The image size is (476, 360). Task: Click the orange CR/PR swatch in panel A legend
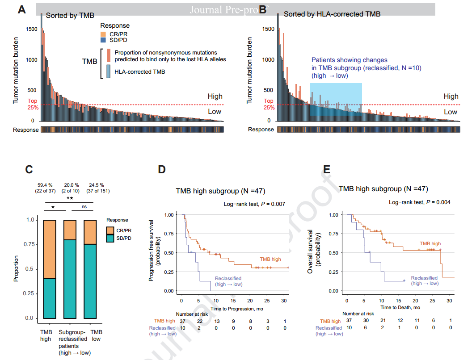(103, 34)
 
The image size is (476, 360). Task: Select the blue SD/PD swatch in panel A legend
(103, 40)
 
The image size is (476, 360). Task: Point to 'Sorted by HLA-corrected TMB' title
(332, 14)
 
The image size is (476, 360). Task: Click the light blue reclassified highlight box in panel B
(336, 99)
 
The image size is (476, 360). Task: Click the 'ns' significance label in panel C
(84, 207)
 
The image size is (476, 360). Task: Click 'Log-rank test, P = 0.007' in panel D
(254, 204)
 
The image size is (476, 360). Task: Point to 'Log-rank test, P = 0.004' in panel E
(420, 202)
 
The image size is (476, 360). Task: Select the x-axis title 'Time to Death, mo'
(401, 308)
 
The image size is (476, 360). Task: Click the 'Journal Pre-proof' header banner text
(223, 9)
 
